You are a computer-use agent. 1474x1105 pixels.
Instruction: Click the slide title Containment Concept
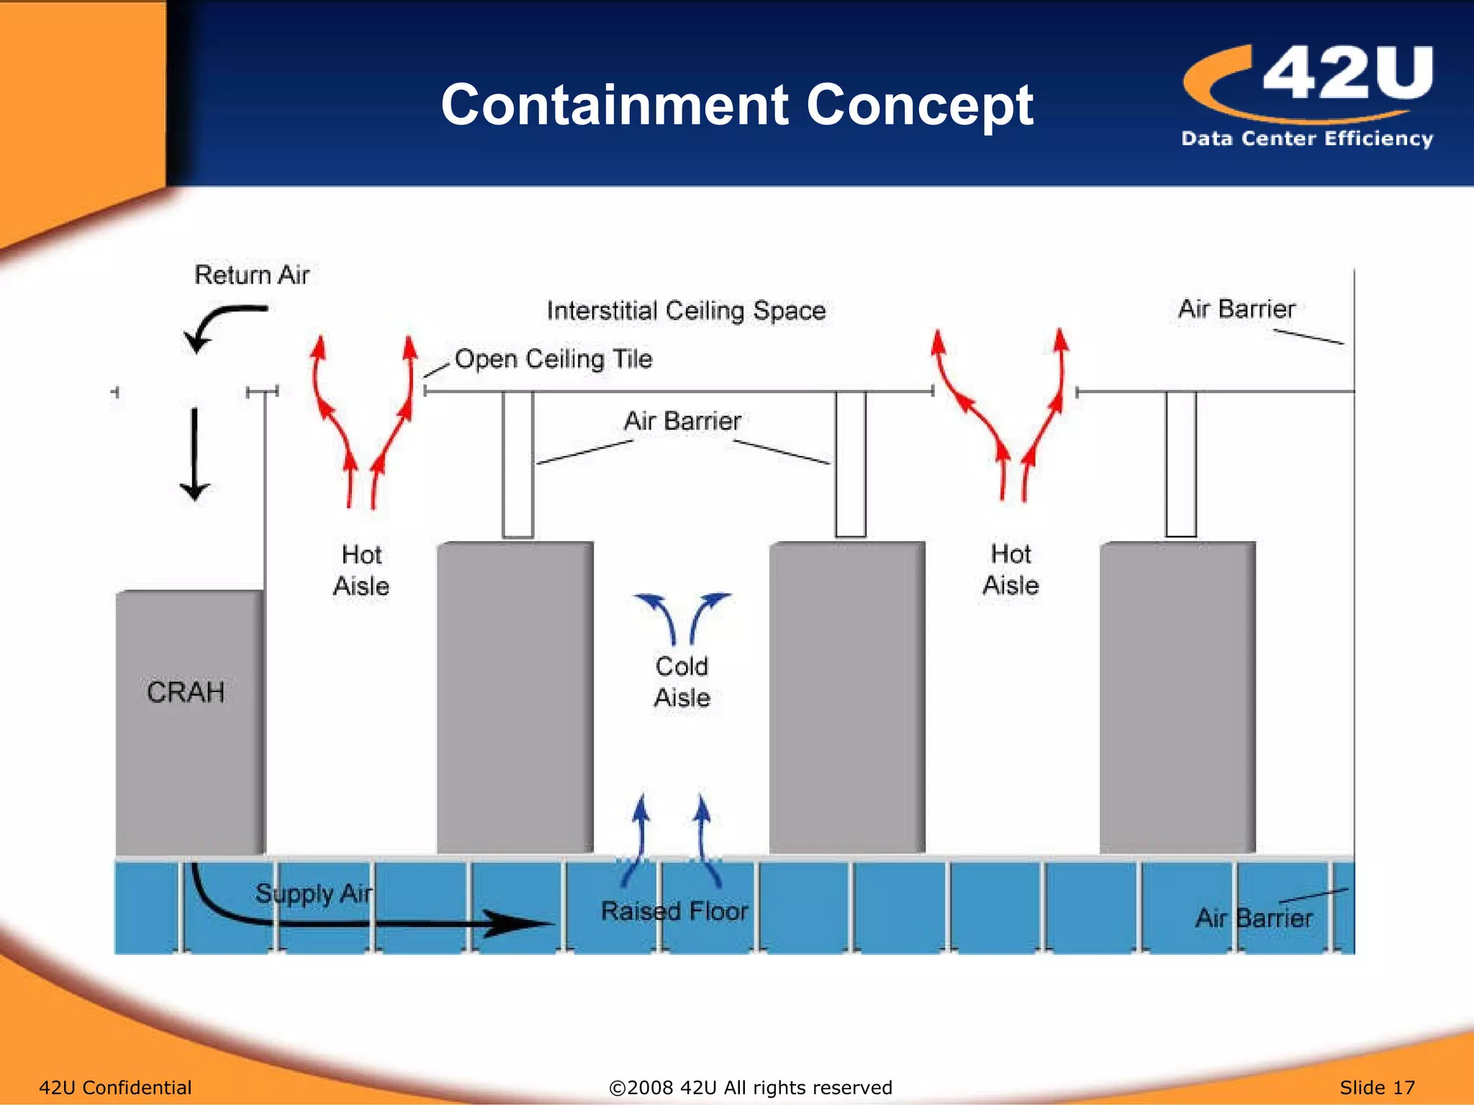tap(737, 105)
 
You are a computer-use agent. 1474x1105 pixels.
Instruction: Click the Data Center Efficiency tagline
tap(1307, 138)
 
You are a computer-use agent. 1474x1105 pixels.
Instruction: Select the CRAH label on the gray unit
tap(186, 692)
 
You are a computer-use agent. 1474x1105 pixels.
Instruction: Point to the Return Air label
tap(252, 275)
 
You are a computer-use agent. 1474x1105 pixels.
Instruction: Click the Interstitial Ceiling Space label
tap(686, 311)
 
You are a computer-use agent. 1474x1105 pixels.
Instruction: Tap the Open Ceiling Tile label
tap(553, 358)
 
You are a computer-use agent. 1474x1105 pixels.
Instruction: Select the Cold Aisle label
tap(682, 681)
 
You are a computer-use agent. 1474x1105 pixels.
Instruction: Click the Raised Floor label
tap(674, 911)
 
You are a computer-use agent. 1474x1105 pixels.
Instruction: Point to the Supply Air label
tap(314, 893)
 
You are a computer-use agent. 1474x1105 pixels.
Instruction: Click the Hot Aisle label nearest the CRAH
tap(361, 570)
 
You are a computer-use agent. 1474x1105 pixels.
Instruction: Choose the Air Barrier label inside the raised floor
tap(1254, 918)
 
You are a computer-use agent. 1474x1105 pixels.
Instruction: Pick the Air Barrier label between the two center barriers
tap(682, 421)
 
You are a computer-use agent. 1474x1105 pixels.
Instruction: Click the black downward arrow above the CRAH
tap(194, 453)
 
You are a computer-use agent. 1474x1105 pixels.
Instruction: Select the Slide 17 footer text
tap(1377, 1087)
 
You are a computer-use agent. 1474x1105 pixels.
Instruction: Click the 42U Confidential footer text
tap(115, 1087)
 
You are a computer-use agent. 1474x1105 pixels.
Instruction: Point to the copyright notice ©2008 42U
tap(751, 1087)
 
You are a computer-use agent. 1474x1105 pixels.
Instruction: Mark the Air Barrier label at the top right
tap(1236, 309)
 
